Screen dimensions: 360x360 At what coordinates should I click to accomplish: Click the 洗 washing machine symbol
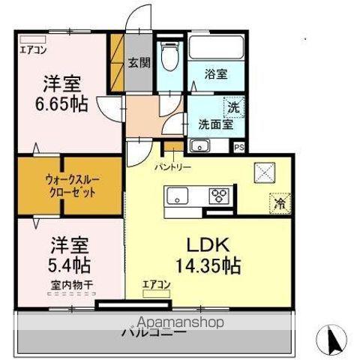pos(234,107)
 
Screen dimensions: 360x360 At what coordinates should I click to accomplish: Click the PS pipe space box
pos(239,148)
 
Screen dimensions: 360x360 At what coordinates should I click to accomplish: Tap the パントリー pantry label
pos(173,166)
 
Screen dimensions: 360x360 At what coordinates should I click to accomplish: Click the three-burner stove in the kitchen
pos(220,196)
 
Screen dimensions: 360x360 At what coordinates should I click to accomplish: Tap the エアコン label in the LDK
pos(157,284)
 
